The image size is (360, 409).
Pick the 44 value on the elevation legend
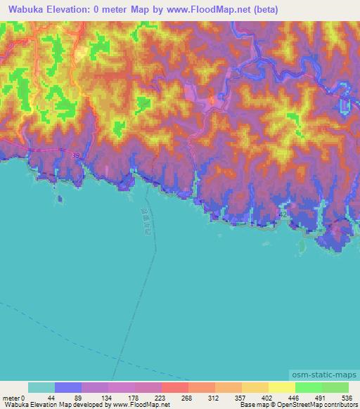(56, 397)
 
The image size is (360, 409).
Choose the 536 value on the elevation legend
(347, 397)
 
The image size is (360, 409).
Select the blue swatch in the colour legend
(68, 387)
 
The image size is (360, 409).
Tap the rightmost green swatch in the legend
(335, 387)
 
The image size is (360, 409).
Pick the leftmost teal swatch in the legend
(41, 387)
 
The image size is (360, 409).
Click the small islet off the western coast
(60, 199)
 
